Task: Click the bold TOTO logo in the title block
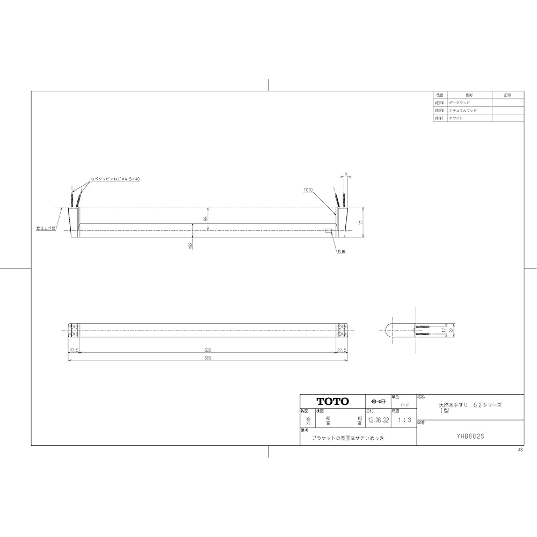[x=332, y=401]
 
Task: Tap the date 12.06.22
[x=378, y=421]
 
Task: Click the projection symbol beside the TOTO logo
[x=378, y=401]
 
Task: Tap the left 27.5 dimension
[x=74, y=350]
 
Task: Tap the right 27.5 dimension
[x=342, y=350]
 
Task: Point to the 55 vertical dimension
[x=205, y=219]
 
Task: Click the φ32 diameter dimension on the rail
[x=191, y=245]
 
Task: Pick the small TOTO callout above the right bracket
[x=308, y=190]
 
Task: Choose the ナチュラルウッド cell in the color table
[x=462, y=110]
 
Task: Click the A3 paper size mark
[x=520, y=449]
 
